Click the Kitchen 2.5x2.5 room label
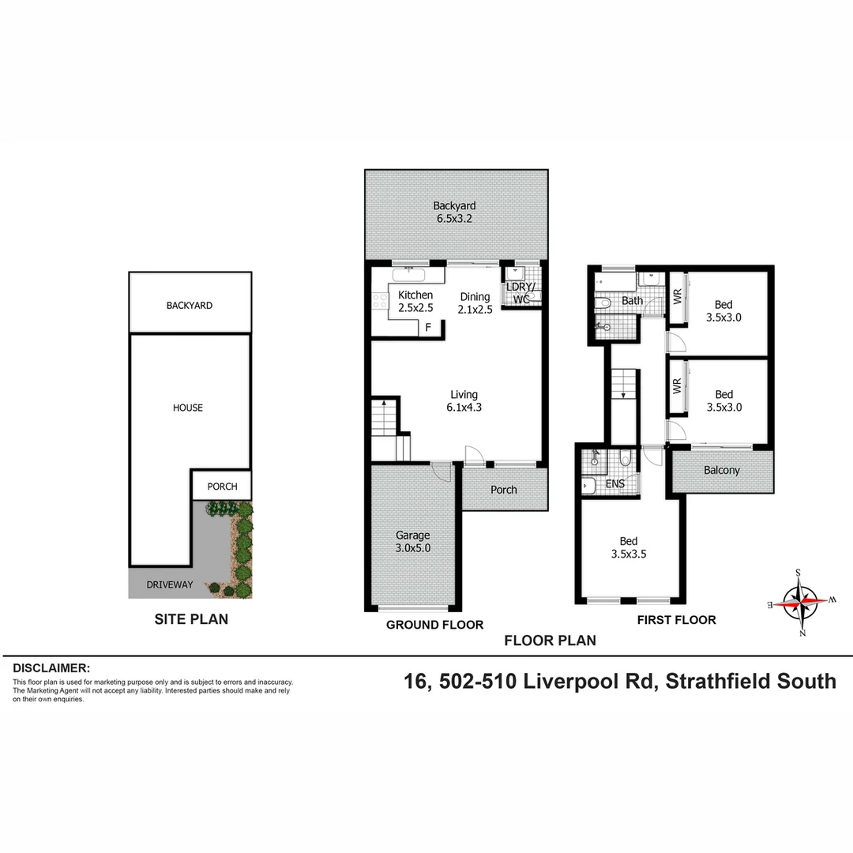click(x=415, y=302)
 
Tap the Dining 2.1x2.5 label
click(x=475, y=303)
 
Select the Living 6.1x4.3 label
click(x=464, y=401)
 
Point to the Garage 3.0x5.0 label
click(x=412, y=541)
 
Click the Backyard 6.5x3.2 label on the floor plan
click(x=454, y=212)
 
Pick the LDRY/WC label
click(x=520, y=292)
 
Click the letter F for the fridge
click(x=429, y=326)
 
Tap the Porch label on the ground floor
click(x=504, y=490)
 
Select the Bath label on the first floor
click(x=632, y=301)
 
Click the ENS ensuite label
click(x=615, y=483)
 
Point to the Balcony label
click(x=722, y=471)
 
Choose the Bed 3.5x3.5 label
click(x=629, y=547)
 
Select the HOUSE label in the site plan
click(x=188, y=408)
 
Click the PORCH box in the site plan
click(x=222, y=486)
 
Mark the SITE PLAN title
click(x=191, y=619)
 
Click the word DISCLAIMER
click(x=51, y=668)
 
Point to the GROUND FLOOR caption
click(x=434, y=625)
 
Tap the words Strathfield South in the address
click(x=750, y=681)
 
